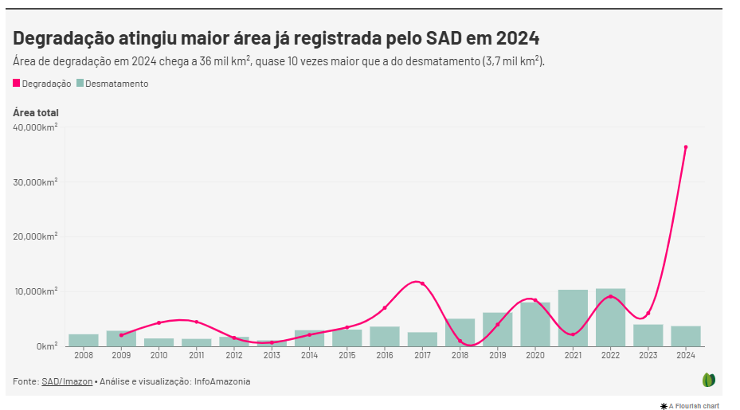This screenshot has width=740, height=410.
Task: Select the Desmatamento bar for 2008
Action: [x=84, y=340]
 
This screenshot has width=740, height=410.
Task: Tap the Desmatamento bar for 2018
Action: [x=460, y=332]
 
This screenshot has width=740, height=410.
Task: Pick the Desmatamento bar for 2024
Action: [x=685, y=336]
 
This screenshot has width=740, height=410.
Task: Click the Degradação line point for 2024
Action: [x=686, y=147]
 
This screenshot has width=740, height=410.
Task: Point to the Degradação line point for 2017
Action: [x=422, y=283]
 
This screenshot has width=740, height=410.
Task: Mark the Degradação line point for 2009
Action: [x=121, y=335]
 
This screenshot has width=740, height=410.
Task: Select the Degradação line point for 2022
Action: [x=610, y=297]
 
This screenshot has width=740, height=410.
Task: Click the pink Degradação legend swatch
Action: [x=17, y=84]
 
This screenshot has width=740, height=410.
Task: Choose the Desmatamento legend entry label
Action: [x=116, y=84]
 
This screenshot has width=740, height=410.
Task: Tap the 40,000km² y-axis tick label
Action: [x=35, y=127]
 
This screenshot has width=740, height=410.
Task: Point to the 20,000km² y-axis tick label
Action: [x=35, y=236]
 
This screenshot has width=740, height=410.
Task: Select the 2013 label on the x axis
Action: [x=272, y=354]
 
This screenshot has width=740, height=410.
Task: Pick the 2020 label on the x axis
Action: [x=535, y=354]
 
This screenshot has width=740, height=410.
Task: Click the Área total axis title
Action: [x=36, y=112]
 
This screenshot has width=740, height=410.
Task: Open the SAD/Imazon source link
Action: [x=67, y=381]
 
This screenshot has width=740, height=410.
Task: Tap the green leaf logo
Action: [x=708, y=380]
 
